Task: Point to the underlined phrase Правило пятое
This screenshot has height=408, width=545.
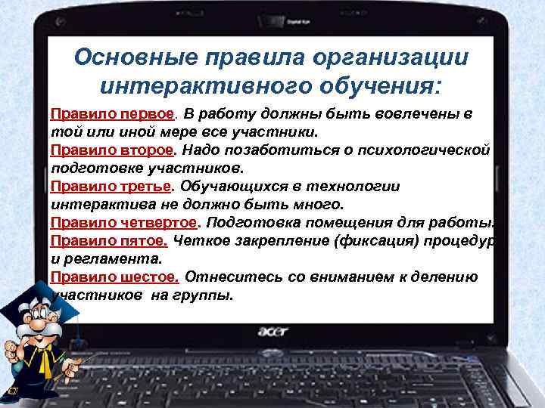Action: pyautogui.click(x=108, y=241)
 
